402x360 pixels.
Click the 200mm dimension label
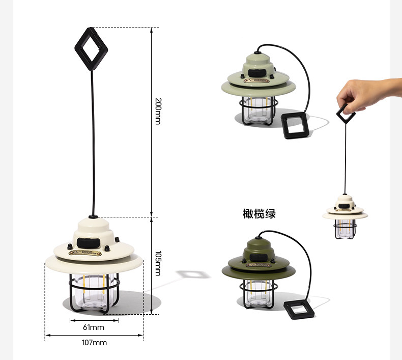coord(158,111)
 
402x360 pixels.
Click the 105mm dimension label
coord(158,263)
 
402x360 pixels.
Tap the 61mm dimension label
coord(94,327)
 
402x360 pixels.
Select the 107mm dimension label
coord(94,342)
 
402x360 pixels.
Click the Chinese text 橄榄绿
coord(259,213)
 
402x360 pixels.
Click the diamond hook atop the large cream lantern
coord(91,49)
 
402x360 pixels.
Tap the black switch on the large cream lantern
coord(88,242)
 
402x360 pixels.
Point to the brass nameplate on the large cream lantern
coord(85,253)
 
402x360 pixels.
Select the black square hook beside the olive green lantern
coord(299,309)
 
